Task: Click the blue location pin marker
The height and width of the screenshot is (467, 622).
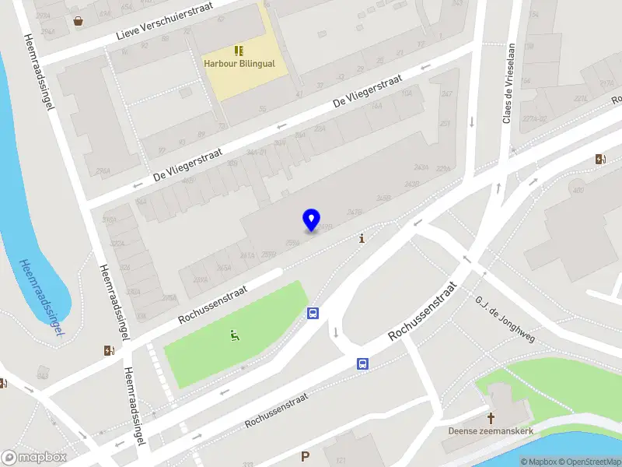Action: point(312,219)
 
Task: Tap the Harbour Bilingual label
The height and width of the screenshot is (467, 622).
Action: point(239,64)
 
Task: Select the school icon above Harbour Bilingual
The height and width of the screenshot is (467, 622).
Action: point(239,51)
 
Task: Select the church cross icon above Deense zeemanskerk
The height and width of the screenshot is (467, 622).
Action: point(491,418)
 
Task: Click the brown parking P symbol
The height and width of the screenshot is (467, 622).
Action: point(306,457)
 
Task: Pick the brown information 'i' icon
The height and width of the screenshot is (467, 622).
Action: point(362,239)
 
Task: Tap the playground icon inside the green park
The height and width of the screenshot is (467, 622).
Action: point(234,335)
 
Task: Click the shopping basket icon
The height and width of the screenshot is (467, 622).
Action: point(78,21)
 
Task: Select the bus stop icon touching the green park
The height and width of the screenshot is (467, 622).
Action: point(313,314)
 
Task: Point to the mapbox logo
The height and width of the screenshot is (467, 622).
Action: point(34,458)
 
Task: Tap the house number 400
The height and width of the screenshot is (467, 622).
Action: point(578,191)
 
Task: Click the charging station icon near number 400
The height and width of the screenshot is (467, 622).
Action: point(600,160)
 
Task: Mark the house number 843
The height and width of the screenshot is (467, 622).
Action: point(42,377)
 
